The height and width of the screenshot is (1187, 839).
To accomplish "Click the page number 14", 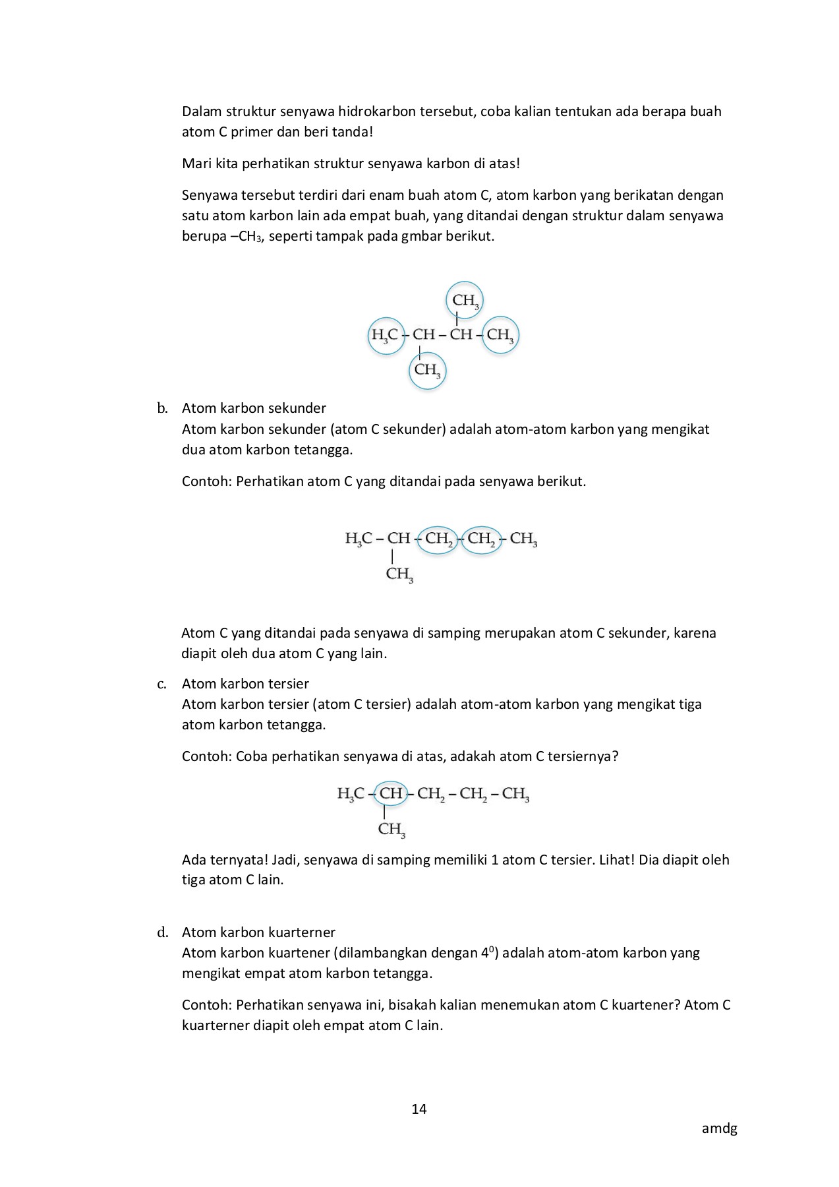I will click(419, 1109).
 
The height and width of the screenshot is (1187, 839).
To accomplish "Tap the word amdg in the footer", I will click(719, 1128).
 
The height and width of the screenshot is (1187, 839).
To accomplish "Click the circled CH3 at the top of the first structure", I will click(465, 300).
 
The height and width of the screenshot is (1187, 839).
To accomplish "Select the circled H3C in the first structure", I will click(386, 335).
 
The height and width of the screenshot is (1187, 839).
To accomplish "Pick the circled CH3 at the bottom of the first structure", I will click(427, 370).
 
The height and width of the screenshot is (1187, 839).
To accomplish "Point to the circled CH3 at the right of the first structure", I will click(500, 335).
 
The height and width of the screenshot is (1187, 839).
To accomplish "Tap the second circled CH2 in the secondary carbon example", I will click(481, 539).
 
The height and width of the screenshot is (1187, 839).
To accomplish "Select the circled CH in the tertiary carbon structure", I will click(391, 793).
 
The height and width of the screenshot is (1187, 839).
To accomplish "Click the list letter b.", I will click(162, 408).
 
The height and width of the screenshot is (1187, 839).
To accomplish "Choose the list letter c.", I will click(161, 684).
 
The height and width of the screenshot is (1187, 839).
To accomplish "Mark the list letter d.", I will click(162, 932).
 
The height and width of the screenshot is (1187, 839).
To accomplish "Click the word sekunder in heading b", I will click(299, 408).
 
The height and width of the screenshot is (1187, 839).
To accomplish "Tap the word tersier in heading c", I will click(284, 684).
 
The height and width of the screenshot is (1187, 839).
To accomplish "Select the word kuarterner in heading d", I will click(303, 932).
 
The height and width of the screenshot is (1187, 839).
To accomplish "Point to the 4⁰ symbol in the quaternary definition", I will click(487, 953).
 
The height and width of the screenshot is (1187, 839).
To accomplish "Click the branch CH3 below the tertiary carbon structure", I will click(391, 830).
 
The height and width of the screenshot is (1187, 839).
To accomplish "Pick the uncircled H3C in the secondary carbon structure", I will click(359, 539).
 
